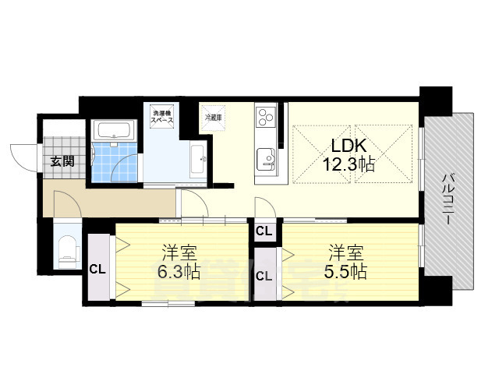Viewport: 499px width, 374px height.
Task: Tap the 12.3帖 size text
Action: (349, 164)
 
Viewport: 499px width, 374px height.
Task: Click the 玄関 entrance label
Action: (62, 162)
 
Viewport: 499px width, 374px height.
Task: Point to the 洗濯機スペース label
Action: (163, 119)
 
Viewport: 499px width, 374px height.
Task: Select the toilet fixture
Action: (68, 249)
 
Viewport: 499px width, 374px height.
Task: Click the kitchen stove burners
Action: (265, 117)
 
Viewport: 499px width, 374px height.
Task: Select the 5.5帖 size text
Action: (346, 273)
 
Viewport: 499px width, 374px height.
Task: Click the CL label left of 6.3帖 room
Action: (97, 270)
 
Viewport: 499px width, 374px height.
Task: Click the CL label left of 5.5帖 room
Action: (264, 276)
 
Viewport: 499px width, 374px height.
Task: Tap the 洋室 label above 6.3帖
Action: (179, 252)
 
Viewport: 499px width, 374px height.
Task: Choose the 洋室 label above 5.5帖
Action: (345, 252)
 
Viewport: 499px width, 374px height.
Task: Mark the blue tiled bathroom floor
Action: (114, 164)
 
